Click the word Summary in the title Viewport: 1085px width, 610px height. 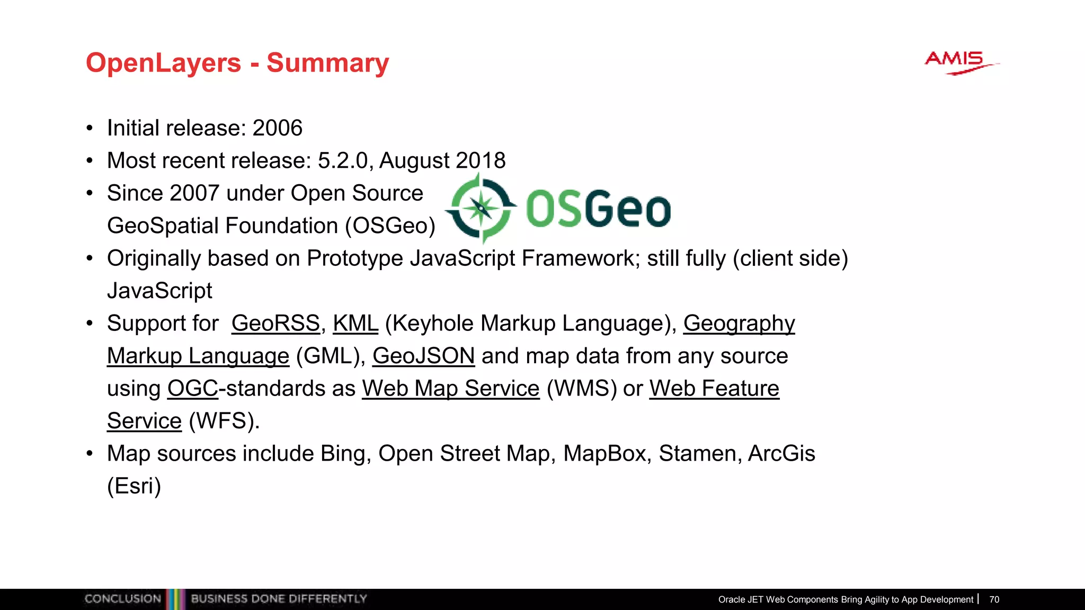(327, 62)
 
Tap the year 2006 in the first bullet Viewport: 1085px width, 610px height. (277, 128)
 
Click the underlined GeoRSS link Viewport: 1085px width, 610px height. (275, 323)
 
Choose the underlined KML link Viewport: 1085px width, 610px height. (355, 323)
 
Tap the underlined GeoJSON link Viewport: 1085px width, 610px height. (423, 356)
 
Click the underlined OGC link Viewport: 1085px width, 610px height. (193, 389)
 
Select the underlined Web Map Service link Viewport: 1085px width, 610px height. (450, 389)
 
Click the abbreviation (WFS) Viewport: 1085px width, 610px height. (224, 421)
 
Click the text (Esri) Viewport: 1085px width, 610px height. (134, 486)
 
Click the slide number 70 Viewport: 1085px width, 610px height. (994, 599)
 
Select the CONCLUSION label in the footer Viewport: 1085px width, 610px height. (122, 599)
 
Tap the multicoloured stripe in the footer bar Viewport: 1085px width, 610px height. (175, 599)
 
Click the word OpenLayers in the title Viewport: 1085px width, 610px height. (163, 62)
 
